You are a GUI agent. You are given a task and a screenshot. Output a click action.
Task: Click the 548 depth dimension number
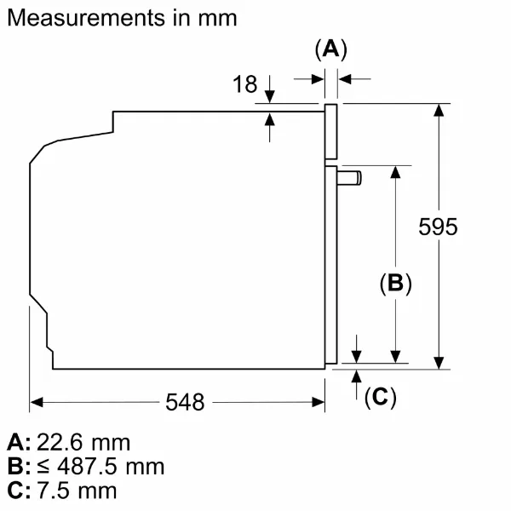[185, 402]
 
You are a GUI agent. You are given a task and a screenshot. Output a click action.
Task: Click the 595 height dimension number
[438, 227]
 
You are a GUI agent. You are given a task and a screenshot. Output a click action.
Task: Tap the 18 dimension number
[244, 84]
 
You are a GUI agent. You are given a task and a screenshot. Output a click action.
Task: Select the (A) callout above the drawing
[331, 49]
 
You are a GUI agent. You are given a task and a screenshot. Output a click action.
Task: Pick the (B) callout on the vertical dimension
[396, 283]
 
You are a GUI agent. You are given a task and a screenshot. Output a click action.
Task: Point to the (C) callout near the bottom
[381, 397]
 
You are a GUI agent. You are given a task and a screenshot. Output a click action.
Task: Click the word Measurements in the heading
[86, 18]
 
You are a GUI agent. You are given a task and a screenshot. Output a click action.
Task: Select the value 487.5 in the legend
[87, 467]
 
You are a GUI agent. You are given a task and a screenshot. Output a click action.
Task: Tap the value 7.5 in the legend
[53, 491]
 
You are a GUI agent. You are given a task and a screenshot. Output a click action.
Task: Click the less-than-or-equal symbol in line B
[43, 467]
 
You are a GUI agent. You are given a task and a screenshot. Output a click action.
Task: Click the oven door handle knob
[349, 178]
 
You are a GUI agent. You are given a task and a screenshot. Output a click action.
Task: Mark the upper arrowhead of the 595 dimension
[439, 110]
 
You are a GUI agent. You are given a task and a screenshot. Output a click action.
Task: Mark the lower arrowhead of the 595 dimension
[439, 363]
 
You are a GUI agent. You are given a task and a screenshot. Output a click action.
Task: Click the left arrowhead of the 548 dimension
[37, 402]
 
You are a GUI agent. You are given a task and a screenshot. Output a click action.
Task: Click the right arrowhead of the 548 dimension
[318, 402]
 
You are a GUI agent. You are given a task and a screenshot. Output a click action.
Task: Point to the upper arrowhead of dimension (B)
[395, 172]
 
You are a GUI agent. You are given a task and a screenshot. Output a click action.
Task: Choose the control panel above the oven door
[330, 132]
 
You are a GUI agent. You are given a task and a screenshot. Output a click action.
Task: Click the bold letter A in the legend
[15, 443]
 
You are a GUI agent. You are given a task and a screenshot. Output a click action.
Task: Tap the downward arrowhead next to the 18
[269, 97]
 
